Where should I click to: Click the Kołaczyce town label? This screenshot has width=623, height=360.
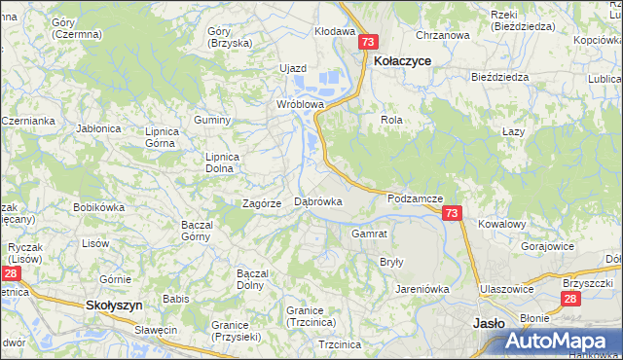click(403, 60)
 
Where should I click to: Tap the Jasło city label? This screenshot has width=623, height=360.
click(487, 323)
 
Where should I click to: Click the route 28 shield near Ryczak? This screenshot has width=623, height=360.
click(9, 275)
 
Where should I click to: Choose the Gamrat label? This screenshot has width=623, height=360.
click(370, 234)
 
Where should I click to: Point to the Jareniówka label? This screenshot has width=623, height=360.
click(421, 289)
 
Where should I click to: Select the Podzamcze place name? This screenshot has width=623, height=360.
click(415, 198)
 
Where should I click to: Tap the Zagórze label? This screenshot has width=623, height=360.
click(262, 203)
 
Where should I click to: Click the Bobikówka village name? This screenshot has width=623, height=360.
click(99, 207)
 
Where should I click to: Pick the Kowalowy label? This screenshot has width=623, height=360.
click(501, 224)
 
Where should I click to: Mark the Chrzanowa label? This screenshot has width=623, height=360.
click(442, 35)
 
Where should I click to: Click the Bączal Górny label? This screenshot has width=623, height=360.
click(198, 231)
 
